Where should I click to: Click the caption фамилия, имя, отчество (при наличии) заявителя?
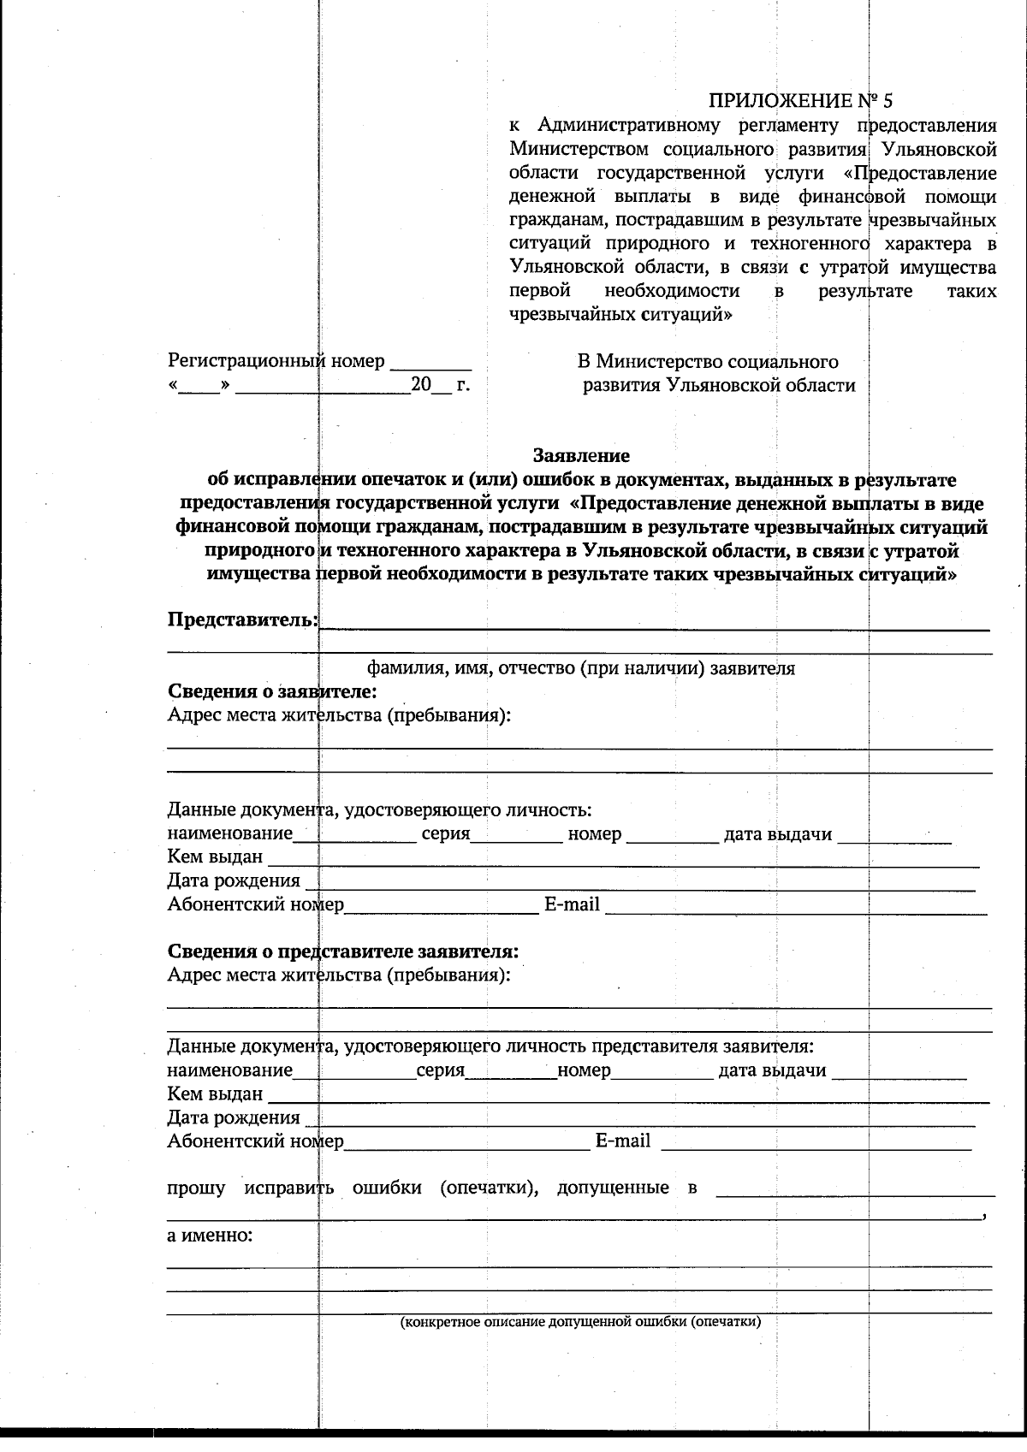pyautogui.click(x=581, y=668)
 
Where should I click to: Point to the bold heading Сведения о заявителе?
pyautogui.click(x=272, y=690)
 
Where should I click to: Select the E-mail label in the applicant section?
pyautogui.click(x=572, y=904)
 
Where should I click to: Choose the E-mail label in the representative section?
pyautogui.click(x=622, y=1141)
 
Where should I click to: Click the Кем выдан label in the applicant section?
pyautogui.click(x=215, y=857)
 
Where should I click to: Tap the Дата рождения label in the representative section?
pyautogui.click(x=233, y=1117)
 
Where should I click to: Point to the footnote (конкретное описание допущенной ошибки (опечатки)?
pyautogui.click(x=581, y=1321)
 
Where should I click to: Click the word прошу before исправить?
pyautogui.click(x=196, y=1188)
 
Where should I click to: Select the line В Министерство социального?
pyautogui.click(x=707, y=361)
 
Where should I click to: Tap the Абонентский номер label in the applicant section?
pyautogui.click(x=255, y=904)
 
